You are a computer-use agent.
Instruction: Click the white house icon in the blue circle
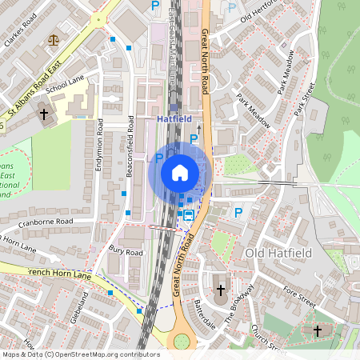[x=180, y=172]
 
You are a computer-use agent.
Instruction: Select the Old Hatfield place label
[x=276, y=253]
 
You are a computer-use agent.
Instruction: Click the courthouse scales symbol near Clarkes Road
[x=54, y=38]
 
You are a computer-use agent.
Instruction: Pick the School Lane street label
[x=65, y=85]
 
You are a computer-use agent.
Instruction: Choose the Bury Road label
[x=125, y=251]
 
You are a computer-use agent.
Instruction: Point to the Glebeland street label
[x=82, y=307]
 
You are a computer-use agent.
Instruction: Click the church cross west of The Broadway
[x=222, y=289]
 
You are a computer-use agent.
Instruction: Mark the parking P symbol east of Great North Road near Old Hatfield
[x=237, y=212]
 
